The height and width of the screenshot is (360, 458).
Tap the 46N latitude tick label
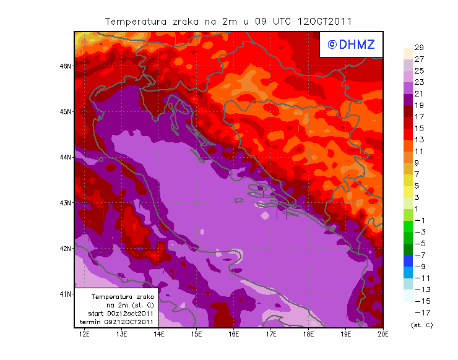pos(66,66)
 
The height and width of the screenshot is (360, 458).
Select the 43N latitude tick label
pos(66,202)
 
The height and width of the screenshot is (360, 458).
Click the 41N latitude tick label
pos(66,294)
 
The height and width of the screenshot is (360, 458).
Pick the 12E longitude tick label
pos(84,335)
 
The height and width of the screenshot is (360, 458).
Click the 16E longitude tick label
pos(234,335)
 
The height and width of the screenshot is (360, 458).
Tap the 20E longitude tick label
pos(383,335)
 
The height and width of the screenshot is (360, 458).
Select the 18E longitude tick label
pos(308,335)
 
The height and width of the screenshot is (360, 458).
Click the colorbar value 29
pos(418,48)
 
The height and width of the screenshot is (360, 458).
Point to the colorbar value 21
pos(418,94)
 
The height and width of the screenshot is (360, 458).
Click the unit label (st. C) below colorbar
pos(421,325)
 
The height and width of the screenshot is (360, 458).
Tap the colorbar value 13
pos(418,140)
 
